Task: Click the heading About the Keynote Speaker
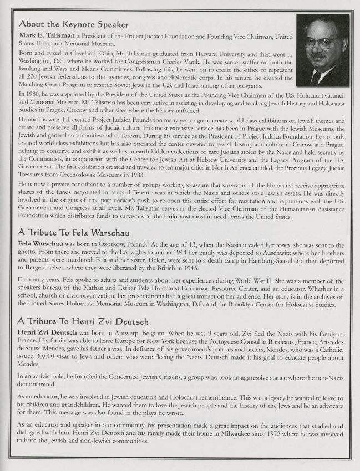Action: tap(74, 24)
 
